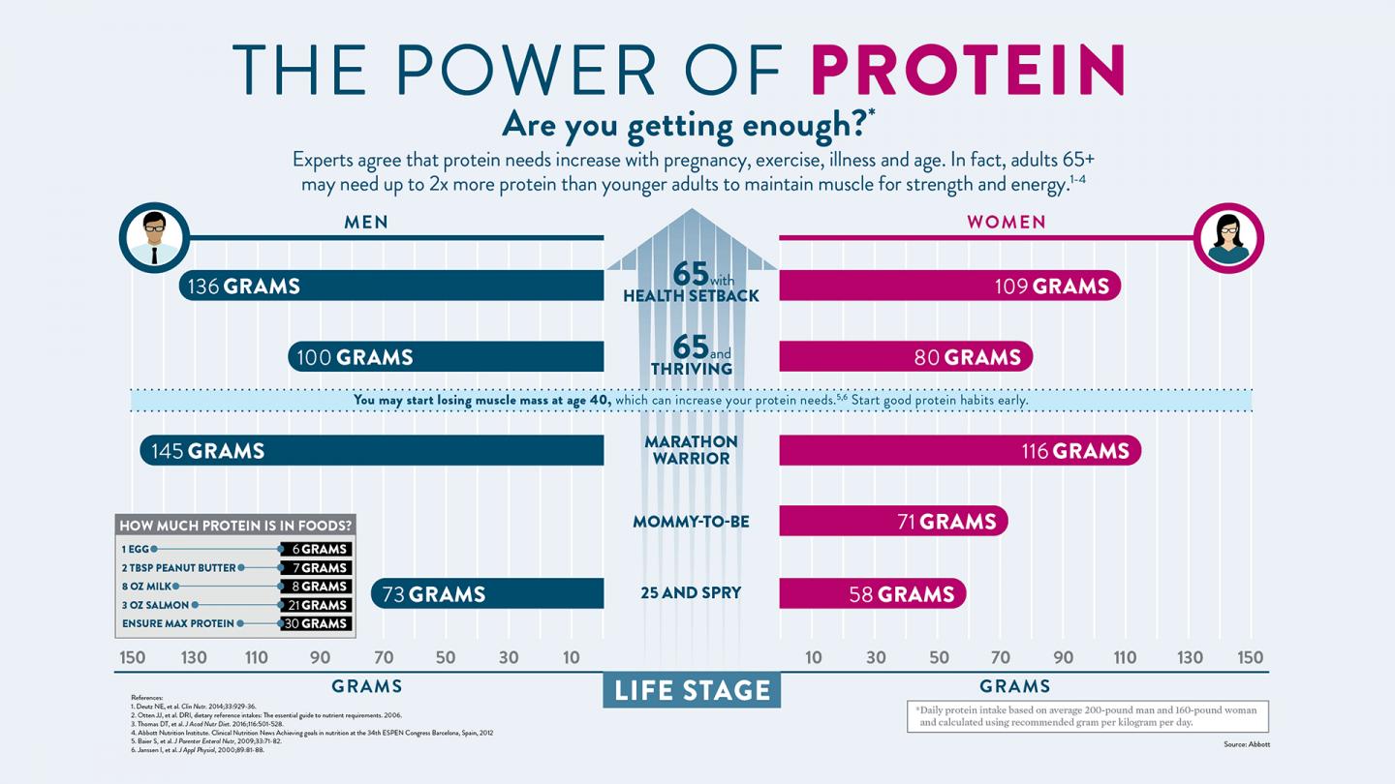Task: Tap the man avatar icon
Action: [154, 237]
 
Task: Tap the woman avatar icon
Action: [1228, 237]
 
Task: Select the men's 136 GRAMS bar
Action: [391, 286]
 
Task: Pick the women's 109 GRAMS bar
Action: [949, 286]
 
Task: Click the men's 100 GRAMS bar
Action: [446, 357]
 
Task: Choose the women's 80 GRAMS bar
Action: [906, 357]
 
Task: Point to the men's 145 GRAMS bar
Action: [372, 450]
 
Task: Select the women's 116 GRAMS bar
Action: [959, 450]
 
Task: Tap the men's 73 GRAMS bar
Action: [487, 593]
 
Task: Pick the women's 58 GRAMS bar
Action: [872, 593]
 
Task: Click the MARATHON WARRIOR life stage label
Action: [691, 450]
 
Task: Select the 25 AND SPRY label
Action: [691, 593]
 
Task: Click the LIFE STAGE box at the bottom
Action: [691, 690]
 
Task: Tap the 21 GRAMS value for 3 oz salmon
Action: [315, 605]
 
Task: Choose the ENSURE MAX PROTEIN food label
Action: [178, 623]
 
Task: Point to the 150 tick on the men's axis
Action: [133, 657]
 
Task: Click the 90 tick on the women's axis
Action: [1063, 657]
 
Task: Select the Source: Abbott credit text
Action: [1246, 744]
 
